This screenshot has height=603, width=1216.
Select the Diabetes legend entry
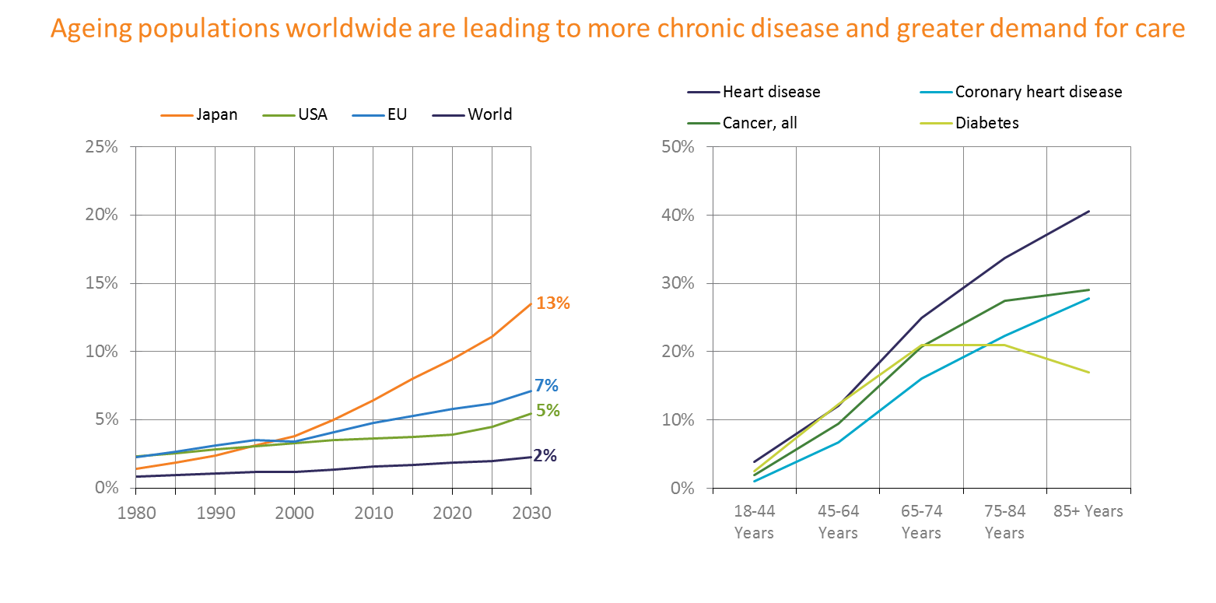click(986, 123)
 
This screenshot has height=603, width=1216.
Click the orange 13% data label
click(553, 303)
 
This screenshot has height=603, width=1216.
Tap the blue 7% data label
click(547, 385)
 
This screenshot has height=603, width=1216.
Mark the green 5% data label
click(548, 410)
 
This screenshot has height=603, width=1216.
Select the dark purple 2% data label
click(545, 456)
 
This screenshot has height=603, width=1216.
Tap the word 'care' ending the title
click(1162, 29)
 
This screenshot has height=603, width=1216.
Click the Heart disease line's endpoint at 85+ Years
click(1088, 211)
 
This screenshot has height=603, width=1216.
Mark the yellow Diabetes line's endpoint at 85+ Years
click(1088, 373)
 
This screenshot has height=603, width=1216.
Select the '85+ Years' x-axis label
click(1088, 511)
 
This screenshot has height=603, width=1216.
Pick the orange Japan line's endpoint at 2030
click(531, 303)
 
